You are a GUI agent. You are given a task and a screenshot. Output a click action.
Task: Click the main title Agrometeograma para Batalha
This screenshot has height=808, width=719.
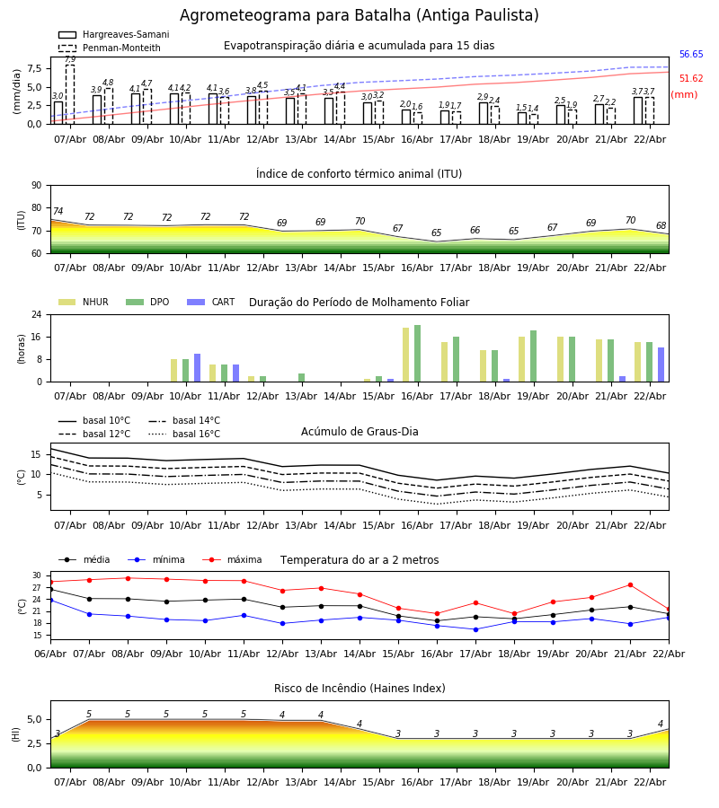click(x=359, y=16)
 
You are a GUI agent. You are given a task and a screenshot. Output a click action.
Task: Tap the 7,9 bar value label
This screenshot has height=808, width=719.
click(x=70, y=59)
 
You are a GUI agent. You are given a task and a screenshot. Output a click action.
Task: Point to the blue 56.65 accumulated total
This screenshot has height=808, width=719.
click(x=691, y=55)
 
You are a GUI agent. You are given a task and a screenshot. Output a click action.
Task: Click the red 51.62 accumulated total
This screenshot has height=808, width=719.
click(x=691, y=79)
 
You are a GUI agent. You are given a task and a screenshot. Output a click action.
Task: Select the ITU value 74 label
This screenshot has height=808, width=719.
click(x=58, y=212)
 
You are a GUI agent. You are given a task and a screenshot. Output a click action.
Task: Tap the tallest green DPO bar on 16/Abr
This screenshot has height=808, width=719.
click(x=417, y=353)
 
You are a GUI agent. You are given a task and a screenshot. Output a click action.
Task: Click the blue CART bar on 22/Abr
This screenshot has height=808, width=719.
click(x=661, y=364)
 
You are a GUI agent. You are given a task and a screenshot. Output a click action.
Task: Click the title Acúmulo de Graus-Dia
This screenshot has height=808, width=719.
click(x=359, y=432)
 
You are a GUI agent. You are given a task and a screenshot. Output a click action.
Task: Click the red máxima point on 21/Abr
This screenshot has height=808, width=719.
click(x=630, y=585)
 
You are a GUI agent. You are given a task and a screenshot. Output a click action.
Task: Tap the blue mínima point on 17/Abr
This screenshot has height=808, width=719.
click(x=475, y=629)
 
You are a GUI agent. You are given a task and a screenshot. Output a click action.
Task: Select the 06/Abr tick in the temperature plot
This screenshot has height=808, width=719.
click(x=50, y=653)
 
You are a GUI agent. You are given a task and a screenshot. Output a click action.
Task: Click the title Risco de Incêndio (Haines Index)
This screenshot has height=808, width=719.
click(x=359, y=689)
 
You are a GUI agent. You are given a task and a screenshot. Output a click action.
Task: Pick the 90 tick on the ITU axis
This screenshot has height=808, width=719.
click(x=36, y=185)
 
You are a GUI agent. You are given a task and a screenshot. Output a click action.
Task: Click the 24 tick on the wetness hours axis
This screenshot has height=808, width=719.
click(x=36, y=314)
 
